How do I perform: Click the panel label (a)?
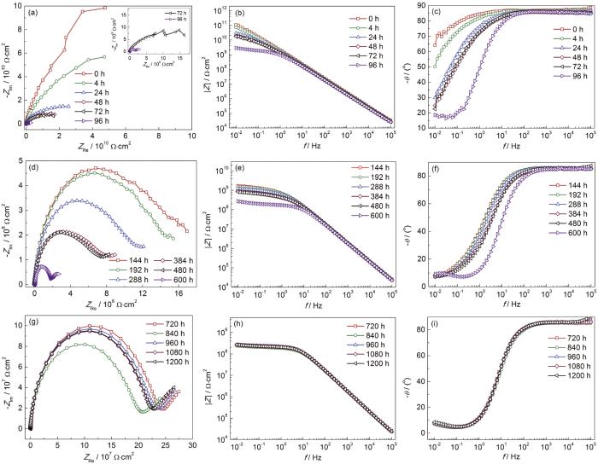tap(32, 14)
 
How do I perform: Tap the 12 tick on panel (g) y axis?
tap(16, 318)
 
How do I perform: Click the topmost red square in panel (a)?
tap(105, 7)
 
